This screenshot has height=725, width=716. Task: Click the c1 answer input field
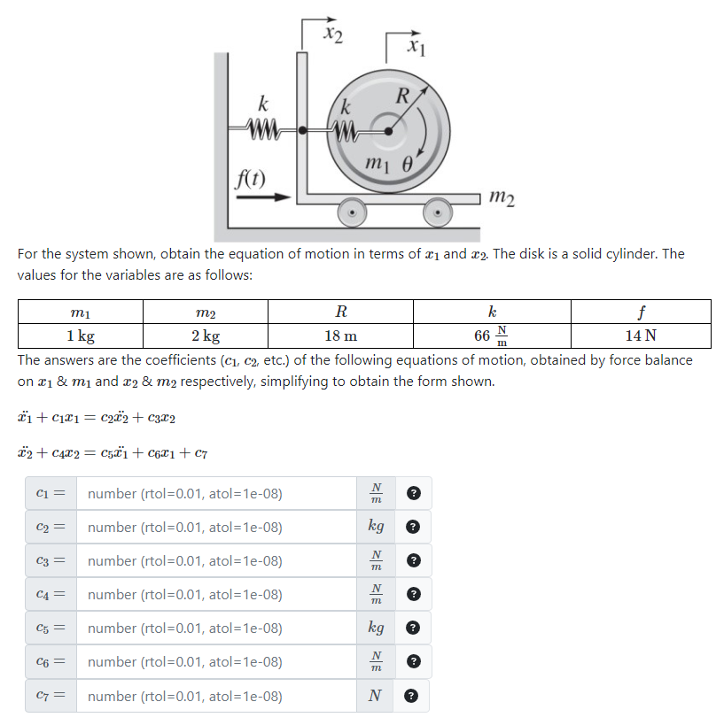tap(217, 494)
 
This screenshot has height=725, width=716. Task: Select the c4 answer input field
tap(217, 595)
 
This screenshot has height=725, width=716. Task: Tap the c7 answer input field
tap(217, 696)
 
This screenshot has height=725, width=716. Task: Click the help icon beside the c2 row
tap(412, 528)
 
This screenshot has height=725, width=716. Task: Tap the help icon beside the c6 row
tap(412, 662)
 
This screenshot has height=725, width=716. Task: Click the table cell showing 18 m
tap(340, 336)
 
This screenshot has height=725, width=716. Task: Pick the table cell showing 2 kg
tap(206, 336)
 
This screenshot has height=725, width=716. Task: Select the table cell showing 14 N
tap(640, 336)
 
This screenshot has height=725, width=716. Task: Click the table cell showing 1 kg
tap(81, 336)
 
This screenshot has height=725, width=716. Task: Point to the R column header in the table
tap(340, 312)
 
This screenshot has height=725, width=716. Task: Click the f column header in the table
tap(640, 312)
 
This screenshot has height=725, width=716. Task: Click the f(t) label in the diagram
tap(251, 174)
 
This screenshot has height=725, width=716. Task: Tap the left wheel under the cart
tap(354, 213)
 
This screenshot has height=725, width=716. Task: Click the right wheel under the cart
tap(436, 213)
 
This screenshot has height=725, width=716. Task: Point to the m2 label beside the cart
tap(501, 199)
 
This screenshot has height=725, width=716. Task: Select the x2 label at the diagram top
tap(333, 34)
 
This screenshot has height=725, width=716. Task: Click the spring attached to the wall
tap(264, 130)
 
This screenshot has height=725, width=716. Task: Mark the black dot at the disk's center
tap(387, 131)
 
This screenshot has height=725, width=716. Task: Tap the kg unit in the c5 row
tap(376, 629)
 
